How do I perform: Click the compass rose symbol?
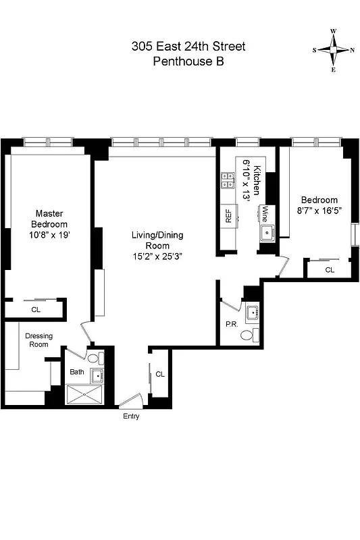pyautogui.click(x=334, y=50)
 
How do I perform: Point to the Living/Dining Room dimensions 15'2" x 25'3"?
pyautogui.click(x=157, y=256)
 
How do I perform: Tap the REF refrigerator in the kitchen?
pyautogui.click(x=228, y=216)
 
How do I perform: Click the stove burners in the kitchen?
pyautogui.click(x=226, y=181)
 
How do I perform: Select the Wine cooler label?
pyautogui.click(x=266, y=214)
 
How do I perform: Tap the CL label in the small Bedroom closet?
pyautogui.click(x=329, y=269)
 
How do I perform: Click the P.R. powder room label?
pyautogui.click(x=231, y=324)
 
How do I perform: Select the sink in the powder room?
pyautogui.click(x=253, y=312)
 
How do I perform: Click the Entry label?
pyautogui.click(x=130, y=416)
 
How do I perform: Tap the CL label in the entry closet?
pyautogui.click(x=159, y=374)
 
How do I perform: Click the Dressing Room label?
pyautogui.click(x=38, y=340)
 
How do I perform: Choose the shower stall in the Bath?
pyautogui.click(x=86, y=394)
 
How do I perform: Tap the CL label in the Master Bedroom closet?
pyautogui.click(x=35, y=310)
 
